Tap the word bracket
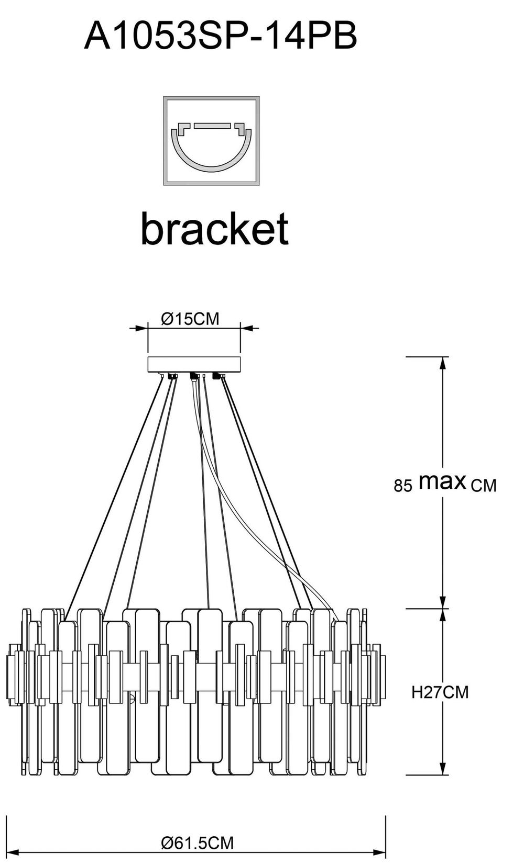tap(214, 229)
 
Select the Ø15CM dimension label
tap(190, 319)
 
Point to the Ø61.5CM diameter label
tap(197, 842)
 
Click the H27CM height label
tap(440, 692)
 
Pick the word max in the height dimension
tap(442, 481)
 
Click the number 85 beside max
tap(403, 486)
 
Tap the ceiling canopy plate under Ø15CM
tap(194, 364)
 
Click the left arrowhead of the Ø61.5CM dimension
tap(12, 852)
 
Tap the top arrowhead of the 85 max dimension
tap(443, 362)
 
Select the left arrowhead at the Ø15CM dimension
tap(141, 329)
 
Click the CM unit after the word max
tap(483, 486)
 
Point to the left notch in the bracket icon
tap(183, 128)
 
